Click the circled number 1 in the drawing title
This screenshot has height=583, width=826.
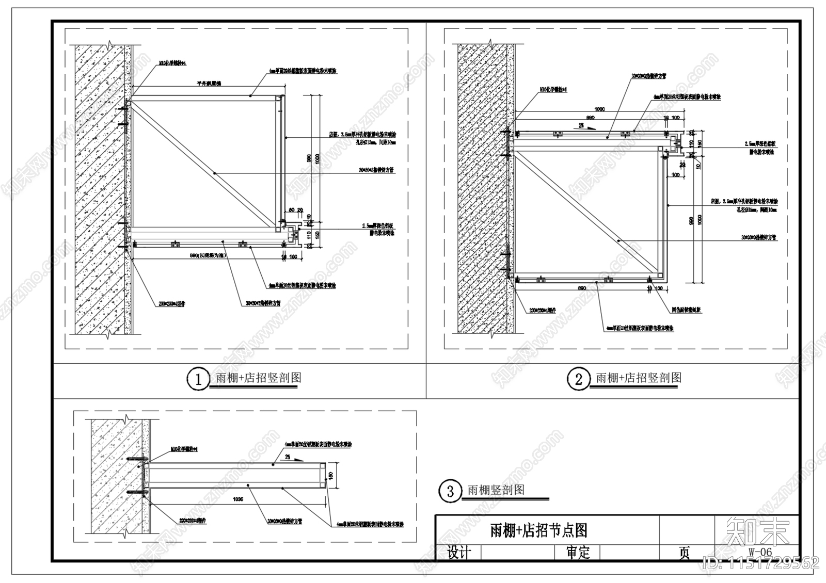[x=197, y=380]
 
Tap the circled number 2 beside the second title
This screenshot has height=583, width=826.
[x=578, y=380]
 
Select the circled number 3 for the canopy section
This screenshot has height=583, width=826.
[x=450, y=491]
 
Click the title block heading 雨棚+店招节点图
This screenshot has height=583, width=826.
[x=538, y=530]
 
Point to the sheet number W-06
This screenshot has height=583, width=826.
[x=760, y=552]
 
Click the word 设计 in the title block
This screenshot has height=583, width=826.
[x=459, y=553]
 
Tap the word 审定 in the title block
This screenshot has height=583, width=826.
[x=578, y=553]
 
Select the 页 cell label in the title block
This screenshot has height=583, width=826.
[x=684, y=553]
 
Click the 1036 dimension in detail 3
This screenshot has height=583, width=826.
[x=238, y=499]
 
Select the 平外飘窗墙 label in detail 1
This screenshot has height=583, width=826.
[x=209, y=83]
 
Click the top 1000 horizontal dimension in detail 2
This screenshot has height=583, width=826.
[x=599, y=109]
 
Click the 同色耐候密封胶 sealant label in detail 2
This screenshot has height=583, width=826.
[x=687, y=310]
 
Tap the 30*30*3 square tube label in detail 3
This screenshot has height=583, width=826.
[x=284, y=521]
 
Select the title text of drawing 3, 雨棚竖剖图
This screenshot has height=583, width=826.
[x=496, y=490]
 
